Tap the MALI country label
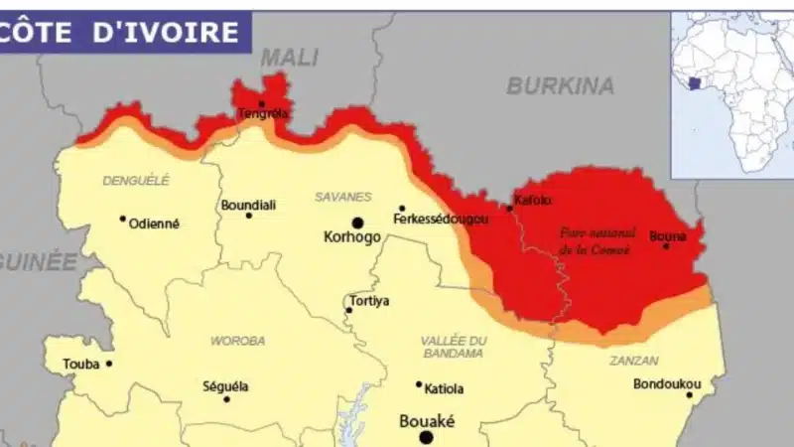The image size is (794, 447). [x=288, y=58]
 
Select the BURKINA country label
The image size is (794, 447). [x=560, y=86]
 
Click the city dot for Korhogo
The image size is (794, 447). [x=356, y=223]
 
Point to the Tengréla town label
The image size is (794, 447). [x=263, y=113]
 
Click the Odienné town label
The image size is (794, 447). [x=154, y=223]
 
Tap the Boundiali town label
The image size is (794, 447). [x=248, y=206]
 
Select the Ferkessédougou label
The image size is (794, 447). [x=441, y=219]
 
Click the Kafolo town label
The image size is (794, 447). [x=533, y=200]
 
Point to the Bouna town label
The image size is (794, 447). [x=667, y=236]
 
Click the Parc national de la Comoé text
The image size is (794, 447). [x=595, y=239]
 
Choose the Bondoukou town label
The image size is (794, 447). [x=667, y=383]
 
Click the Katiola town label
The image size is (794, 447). [x=443, y=388]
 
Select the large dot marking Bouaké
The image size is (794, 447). [x=426, y=437]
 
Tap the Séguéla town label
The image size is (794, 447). [x=225, y=386]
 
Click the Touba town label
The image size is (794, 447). [x=81, y=365]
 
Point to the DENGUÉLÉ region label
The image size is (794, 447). [x=136, y=180]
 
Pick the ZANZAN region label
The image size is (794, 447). [x=633, y=362]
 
